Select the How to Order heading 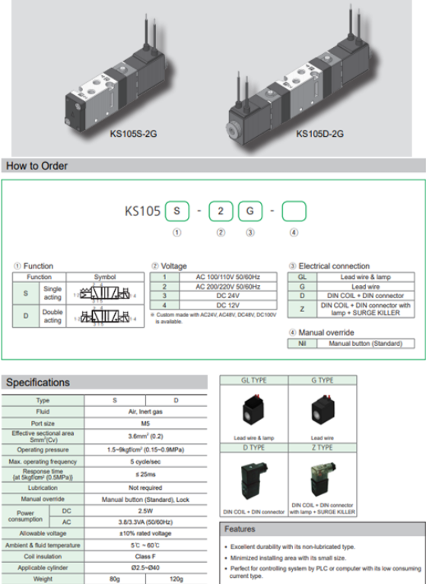coord(37,166)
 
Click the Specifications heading coord(38,382)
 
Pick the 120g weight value coord(176,579)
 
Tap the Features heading coord(241,529)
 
